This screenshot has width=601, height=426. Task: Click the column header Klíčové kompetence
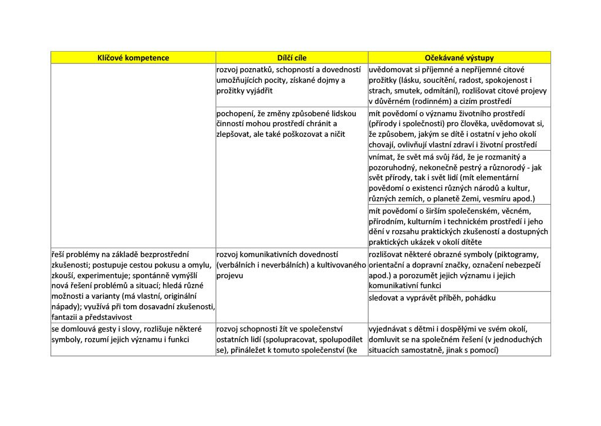(133, 58)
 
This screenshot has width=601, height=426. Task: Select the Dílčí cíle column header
(292, 58)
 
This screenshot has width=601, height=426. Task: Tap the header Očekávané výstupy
(460, 58)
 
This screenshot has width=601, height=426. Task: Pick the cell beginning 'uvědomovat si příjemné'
(460, 85)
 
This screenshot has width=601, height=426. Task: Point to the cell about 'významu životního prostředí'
(460, 129)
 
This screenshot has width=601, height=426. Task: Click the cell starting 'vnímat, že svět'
(460, 177)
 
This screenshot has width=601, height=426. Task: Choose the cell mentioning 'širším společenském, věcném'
(460, 226)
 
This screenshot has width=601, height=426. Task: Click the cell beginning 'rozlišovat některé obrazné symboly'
(460, 270)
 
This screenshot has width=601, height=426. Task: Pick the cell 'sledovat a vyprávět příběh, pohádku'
(433, 298)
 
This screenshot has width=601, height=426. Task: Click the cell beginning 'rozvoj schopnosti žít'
(292, 339)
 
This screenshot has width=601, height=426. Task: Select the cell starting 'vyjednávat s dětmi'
(460, 339)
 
